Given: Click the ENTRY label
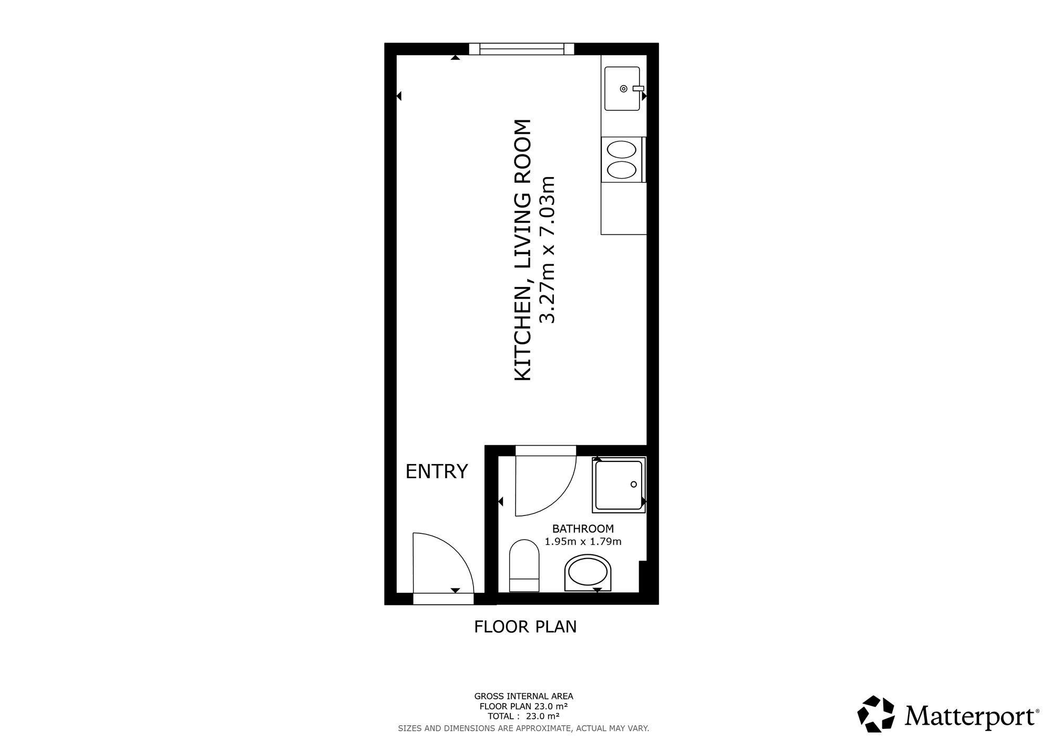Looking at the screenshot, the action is [x=437, y=471].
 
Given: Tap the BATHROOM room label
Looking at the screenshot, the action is [x=583, y=529].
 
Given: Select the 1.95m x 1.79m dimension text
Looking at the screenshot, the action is [x=583, y=542].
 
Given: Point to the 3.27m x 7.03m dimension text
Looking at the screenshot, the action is [x=548, y=250].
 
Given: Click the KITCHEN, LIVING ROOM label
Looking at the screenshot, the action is [x=522, y=250].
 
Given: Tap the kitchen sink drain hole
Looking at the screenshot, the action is [x=624, y=88].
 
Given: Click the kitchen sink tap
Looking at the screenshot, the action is [x=638, y=88].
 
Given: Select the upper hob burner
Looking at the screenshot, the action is [x=621, y=150].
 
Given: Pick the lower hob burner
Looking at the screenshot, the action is [x=621, y=170].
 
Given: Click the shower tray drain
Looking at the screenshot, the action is [x=634, y=484].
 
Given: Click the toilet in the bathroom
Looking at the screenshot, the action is [x=524, y=565].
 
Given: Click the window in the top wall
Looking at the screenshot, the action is [x=521, y=49].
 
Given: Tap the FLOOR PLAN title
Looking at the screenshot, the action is [x=525, y=627].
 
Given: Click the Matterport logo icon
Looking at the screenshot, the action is [x=876, y=714].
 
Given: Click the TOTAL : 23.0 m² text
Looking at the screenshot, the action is [x=523, y=716].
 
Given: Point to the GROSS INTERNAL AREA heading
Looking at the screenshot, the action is [x=524, y=697].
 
